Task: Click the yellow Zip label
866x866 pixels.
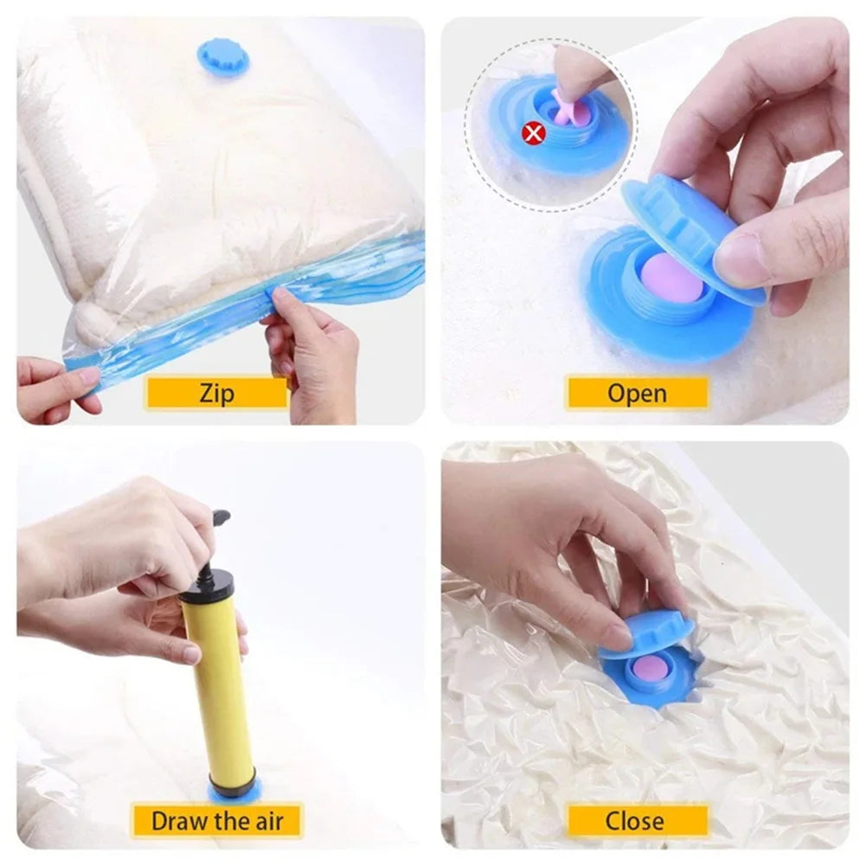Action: coord(216,393)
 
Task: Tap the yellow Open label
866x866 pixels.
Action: coord(637,393)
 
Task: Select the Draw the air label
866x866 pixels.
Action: coord(216,819)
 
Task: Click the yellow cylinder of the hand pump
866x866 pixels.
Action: coord(218,683)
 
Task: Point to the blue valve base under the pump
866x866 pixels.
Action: coord(234,791)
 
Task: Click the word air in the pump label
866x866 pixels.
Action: coord(264,819)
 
